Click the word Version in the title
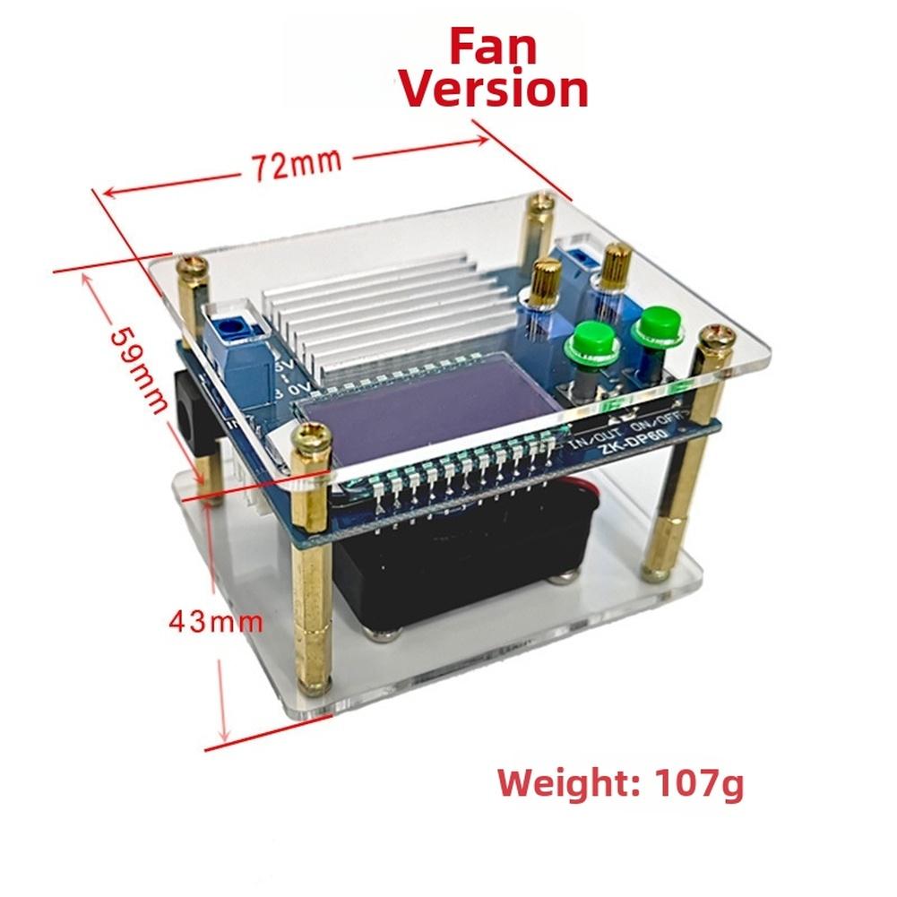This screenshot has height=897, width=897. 493,90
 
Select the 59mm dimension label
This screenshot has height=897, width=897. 140,367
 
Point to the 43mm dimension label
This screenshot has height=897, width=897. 216,621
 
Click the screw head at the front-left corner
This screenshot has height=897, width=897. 313,436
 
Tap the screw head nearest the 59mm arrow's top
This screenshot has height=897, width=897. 191,265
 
